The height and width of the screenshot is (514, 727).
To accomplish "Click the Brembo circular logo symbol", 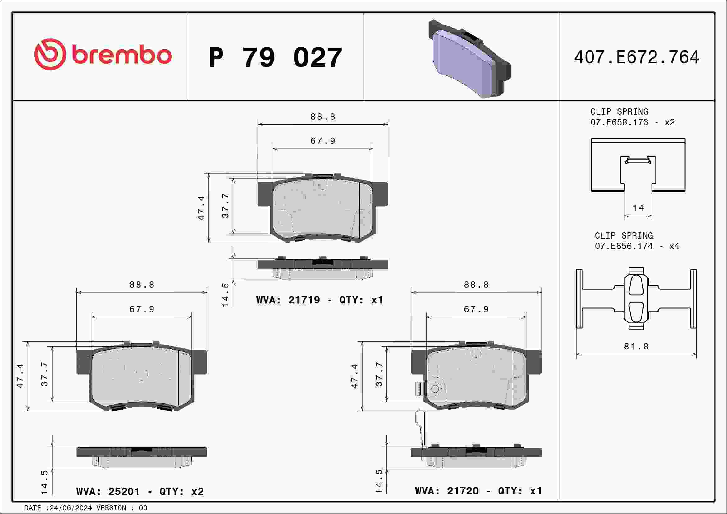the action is tap(50, 54).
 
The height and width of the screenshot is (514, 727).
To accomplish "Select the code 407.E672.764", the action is tap(637, 57).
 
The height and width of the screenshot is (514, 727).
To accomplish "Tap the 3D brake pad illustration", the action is tap(469, 59).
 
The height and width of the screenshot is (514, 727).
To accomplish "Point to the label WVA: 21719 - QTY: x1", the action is tap(319, 300).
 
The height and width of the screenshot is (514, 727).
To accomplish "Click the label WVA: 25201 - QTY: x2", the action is tap(140, 491).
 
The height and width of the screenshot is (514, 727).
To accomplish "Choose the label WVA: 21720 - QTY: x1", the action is tap(478, 491).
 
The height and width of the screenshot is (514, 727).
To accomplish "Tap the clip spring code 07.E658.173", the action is tap(619, 122).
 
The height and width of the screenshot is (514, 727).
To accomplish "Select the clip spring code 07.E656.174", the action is tap(624, 246).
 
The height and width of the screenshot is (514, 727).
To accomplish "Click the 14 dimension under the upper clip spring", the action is tap(638, 208).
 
